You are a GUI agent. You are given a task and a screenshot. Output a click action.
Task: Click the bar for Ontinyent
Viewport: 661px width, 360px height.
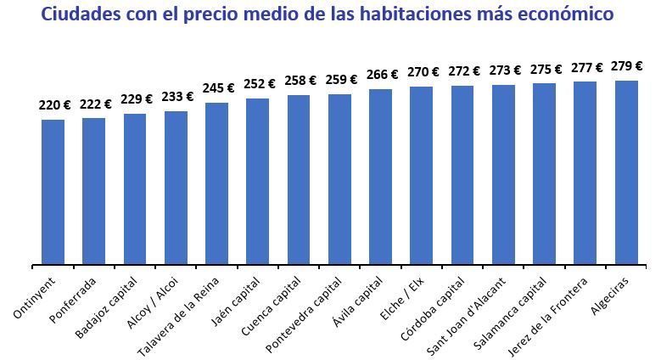pos(53,191)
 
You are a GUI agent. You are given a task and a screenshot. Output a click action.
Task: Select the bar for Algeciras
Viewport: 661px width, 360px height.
pos(626,172)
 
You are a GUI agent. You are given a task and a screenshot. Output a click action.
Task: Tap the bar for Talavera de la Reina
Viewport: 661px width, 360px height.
pos(216,183)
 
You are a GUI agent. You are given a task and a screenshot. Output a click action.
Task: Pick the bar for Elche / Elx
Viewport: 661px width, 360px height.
pos(422,175)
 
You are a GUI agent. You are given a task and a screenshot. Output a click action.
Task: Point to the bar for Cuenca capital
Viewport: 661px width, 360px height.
pos(299,179)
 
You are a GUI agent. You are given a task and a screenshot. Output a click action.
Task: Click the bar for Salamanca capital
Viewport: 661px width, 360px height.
pos(544,173)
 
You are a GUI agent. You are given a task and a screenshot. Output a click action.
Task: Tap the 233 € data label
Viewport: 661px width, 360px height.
pos(177,98)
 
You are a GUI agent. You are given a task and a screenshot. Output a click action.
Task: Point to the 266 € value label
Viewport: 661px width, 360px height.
pos(383,75)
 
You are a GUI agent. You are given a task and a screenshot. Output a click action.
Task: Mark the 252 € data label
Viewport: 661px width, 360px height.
pos(260,83)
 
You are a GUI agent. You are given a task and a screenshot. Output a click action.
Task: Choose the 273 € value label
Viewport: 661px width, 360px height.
pos(506,70)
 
